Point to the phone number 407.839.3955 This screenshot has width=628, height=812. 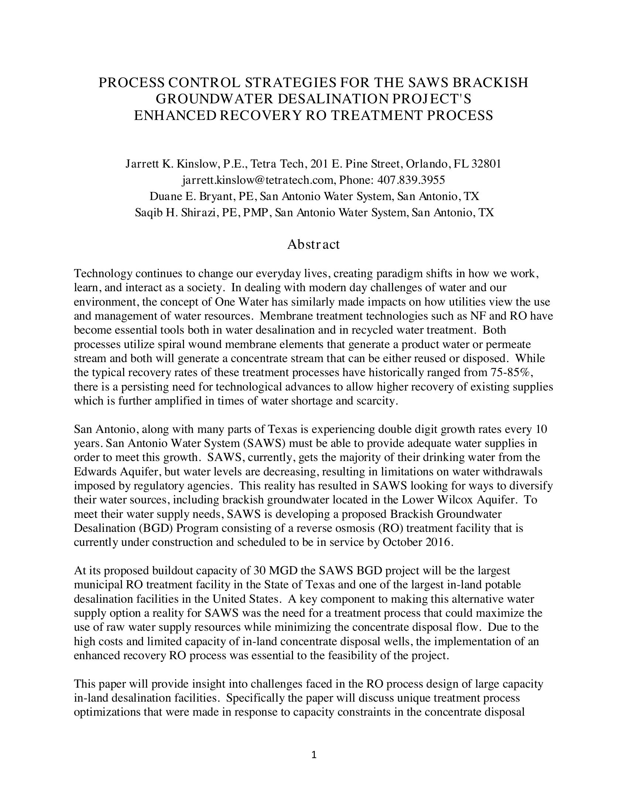tap(411, 180)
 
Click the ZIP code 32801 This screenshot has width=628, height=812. tap(486, 164)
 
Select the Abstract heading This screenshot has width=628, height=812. tap(313, 244)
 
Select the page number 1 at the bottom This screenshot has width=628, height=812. tap(314, 755)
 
